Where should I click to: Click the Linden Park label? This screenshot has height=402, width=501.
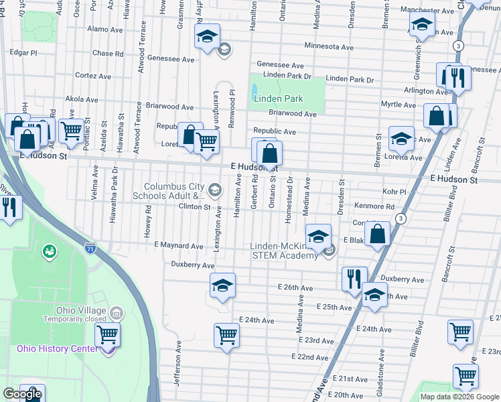279,98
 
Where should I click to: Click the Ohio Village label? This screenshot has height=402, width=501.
80,310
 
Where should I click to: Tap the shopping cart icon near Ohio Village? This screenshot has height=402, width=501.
107,335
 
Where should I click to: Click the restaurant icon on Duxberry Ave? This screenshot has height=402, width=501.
354,279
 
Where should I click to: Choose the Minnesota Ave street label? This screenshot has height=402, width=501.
328,47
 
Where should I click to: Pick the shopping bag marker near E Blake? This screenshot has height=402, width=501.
378,234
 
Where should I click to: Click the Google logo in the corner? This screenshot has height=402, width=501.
22,394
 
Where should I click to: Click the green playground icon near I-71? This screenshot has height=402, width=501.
49,252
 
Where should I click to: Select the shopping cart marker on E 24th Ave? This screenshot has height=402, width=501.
226,336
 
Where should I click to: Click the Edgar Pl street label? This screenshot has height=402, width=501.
23,52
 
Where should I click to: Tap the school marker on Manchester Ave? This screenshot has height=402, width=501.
422,26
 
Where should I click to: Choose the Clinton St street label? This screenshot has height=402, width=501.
194,207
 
